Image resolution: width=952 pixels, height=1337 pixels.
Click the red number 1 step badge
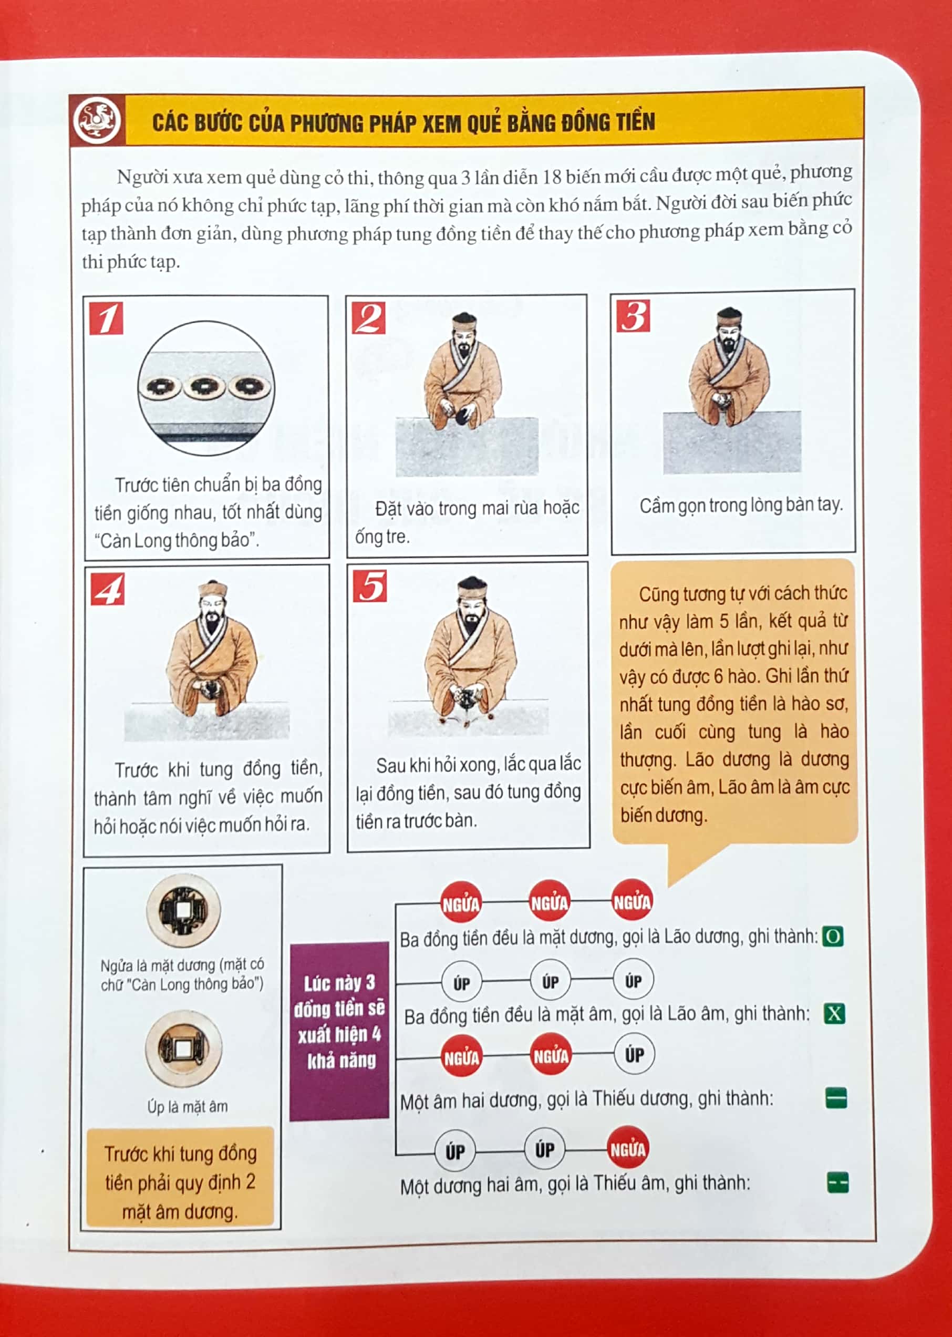pyautogui.click(x=106, y=318)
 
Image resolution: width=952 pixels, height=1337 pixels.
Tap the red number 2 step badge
pyautogui.click(x=369, y=318)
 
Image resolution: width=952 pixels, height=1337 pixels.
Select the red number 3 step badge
pyautogui.click(x=633, y=316)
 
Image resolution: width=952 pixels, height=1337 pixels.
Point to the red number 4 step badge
pyautogui.click(x=108, y=589)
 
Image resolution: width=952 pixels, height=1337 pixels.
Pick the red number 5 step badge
pyautogui.click(x=370, y=586)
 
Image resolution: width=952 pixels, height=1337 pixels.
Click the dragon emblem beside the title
pyautogui.click(x=97, y=120)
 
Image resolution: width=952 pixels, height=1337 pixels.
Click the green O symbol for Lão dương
pyautogui.click(x=832, y=937)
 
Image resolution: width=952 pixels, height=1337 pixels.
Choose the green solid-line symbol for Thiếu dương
pyautogui.click(x=836, y=1098)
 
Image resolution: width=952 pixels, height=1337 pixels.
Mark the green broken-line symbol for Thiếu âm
pyautogui.click(x=837, y=1183)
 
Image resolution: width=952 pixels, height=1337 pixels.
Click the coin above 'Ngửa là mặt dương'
pyautogui.click(x=183, y=910)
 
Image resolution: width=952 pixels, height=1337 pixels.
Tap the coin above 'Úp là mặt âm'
pyautogui.click(x=183, y=1048)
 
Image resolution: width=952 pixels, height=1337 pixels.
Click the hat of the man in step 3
pyautogui.click(x=729, y=316)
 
